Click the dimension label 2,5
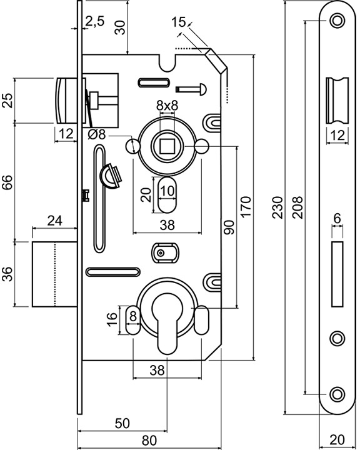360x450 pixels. [95, 21]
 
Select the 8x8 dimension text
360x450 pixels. [167, 106]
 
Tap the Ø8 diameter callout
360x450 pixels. [97, 134]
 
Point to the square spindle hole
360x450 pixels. [167, 146]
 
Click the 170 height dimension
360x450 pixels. [246, 207]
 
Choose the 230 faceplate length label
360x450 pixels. [277, 207]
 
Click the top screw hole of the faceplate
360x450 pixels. [337, 21]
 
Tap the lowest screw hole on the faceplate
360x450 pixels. [337, 394]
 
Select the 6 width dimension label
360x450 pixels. [337, 218]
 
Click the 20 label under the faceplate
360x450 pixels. [337, 439]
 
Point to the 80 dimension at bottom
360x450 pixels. [149, 440]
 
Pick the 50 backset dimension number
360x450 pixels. [122, 423]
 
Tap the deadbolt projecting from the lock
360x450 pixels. [54, 274]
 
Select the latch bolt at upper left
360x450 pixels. [66, 101]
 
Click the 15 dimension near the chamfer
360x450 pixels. [178, 22]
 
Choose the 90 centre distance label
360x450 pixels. [229, 227]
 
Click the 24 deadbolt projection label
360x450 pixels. [54, 221]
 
